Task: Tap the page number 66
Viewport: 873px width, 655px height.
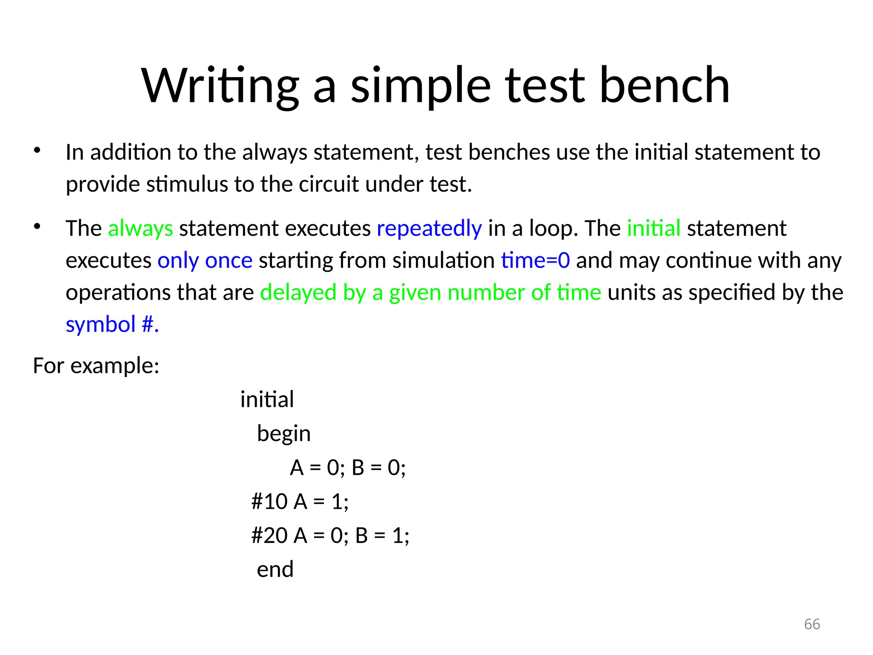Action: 812,624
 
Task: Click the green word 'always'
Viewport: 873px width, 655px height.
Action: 140,229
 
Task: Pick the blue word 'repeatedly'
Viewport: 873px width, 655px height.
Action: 429,229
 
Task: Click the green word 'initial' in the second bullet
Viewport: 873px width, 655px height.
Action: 653,228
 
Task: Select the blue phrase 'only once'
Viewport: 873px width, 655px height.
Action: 205,261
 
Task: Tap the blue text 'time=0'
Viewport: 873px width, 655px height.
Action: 535,261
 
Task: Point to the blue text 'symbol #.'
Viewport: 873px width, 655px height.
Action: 112,325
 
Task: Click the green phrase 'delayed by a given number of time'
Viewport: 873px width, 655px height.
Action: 431,293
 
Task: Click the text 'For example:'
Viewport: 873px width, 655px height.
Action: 96,366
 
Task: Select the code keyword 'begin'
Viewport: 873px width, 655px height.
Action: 283,434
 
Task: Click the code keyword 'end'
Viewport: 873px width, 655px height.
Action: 275,569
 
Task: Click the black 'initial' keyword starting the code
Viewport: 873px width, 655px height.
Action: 267,400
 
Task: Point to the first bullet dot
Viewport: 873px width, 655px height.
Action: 37,150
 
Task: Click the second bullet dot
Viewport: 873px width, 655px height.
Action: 37,226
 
